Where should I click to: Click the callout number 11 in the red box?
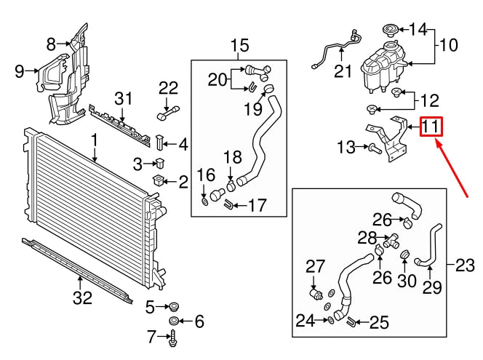[431, 128]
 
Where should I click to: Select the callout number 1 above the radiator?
[94, 139]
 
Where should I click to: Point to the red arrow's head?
[438, 143]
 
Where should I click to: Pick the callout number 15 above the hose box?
[239, 47]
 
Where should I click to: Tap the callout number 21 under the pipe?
[343, 71]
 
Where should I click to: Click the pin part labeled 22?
[166, 113]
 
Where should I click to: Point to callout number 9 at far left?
[20, 71]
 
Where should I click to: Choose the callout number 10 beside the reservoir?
[448, 45]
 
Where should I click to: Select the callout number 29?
[432, 288]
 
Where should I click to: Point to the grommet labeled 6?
[175, 321]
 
